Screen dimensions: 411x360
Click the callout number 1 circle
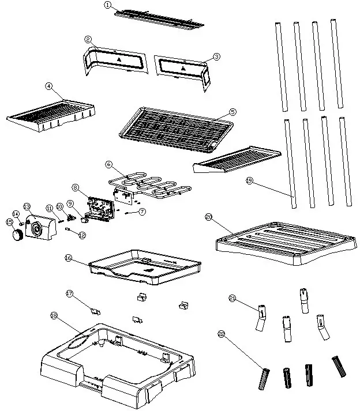coord(107,5)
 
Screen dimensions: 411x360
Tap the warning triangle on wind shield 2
coord(119,59)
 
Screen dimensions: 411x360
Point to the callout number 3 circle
coord(216,56)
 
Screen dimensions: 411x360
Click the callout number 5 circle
coord(232,111)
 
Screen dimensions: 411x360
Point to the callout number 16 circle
coord(68,259)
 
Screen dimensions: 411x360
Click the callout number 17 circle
coord(70,293)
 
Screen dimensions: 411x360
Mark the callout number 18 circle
coord(54,315)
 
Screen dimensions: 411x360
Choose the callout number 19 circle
coord(249,180)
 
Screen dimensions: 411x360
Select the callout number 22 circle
coord(221,334)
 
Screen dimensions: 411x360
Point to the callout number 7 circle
coord(142,212)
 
